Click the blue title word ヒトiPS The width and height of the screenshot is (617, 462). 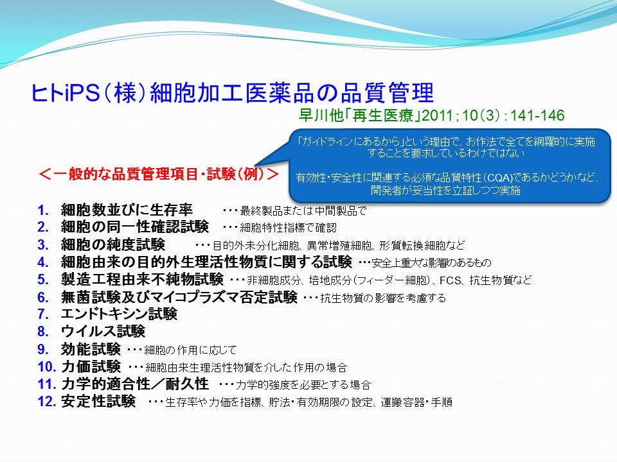coord(66,92)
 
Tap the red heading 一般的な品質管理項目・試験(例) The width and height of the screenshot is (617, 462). coord(158,174)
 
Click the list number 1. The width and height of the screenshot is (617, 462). coord(43,210)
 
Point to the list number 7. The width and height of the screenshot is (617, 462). coord(43,314)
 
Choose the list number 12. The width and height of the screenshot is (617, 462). coord(47,402)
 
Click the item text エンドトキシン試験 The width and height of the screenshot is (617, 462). coord(119,314)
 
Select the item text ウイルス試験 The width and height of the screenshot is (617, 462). coord(103,331)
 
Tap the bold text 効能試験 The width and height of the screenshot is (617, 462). coord(91,349)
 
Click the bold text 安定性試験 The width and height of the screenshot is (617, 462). coord(98,401)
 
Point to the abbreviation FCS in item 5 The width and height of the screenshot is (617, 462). coord(450,280)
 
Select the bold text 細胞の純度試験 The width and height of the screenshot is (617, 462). coord(113,244)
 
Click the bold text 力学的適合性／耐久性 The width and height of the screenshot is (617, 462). coord(134,384)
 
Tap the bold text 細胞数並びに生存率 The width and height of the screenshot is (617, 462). coord(127,210)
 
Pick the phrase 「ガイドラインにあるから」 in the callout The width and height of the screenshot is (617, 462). coord(349,141)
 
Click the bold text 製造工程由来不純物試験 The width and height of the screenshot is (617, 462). coord(142,279)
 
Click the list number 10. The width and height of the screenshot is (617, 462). coord(47,367)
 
